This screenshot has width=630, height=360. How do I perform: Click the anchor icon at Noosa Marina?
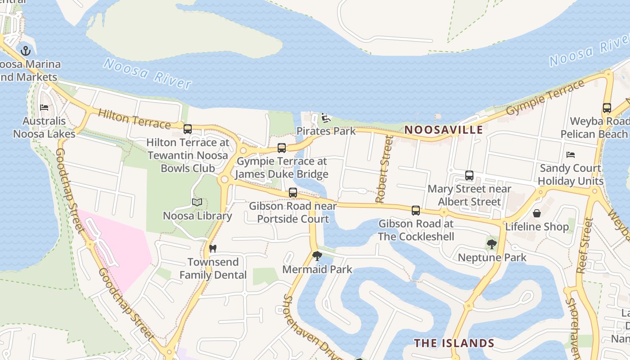26,51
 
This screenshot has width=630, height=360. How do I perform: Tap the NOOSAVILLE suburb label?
443,130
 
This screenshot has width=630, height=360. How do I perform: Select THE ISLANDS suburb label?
454,343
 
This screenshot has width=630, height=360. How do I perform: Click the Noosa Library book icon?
197,202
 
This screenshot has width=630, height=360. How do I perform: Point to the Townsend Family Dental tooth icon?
213,248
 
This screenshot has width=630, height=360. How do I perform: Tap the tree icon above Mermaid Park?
317,256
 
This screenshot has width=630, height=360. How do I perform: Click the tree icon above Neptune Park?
491,244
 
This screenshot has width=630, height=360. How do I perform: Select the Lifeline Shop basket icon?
536,213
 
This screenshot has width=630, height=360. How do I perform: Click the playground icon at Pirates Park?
326,118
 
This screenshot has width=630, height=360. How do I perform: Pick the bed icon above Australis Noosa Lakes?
44,108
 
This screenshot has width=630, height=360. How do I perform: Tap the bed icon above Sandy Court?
571,155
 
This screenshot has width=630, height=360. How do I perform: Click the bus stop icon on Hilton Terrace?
188,129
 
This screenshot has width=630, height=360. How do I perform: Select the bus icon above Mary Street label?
469,175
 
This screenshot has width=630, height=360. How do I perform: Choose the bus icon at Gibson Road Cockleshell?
416,210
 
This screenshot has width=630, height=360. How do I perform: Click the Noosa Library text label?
197,216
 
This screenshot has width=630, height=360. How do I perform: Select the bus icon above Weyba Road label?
607,108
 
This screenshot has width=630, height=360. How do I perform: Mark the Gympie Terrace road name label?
545,97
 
